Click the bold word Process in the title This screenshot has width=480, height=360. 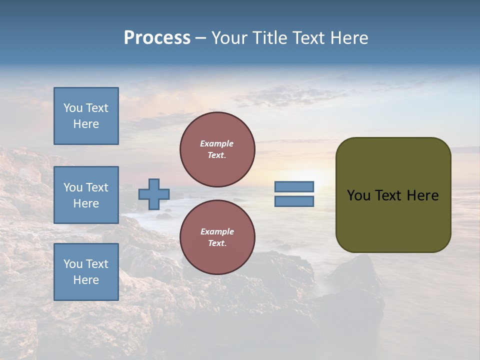click(x=157, y=38)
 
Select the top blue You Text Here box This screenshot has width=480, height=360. click(x=86, y=116)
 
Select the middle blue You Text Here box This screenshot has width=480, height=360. click(x=86, y=195)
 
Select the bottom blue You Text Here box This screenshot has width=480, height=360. click(x=86, y=272)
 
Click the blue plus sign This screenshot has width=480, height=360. click(x=154, y=194)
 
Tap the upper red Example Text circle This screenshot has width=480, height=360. click(x=217, y=149)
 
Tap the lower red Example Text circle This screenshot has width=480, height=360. click(x=217, y=237)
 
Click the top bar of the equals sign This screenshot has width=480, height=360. click(x=294, y=186)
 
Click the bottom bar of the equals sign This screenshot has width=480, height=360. click(x=294, y=201)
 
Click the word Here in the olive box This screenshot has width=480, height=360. click(x=422, y=195)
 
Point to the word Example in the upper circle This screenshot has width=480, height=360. click(x=217, y=143)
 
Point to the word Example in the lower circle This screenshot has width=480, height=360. click(x=217, y=231)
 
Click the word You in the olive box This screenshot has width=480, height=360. click(x=358, y=195)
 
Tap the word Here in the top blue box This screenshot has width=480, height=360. click(x=86, y=124)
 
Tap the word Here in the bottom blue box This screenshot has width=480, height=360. click(x=86, y=280)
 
